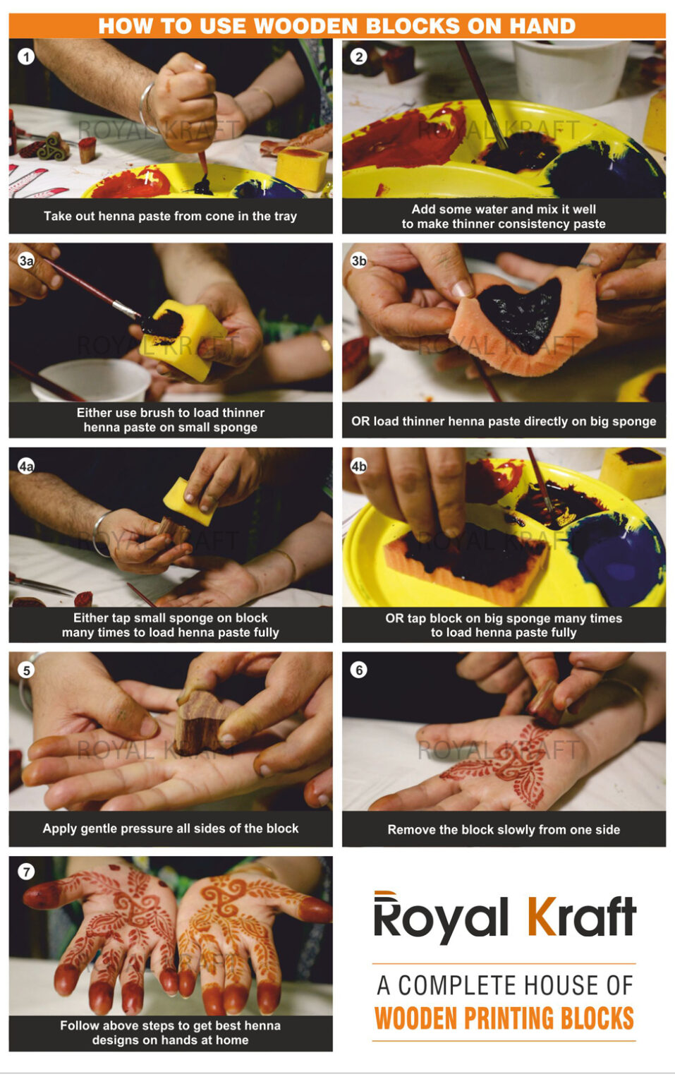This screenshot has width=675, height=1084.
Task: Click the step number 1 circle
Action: [x=26, y=56]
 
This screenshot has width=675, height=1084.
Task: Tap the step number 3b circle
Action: [x=358, y=260]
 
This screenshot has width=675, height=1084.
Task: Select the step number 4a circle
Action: [x=26, y=466]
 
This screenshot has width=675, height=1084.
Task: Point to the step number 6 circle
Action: [x=358, y=670]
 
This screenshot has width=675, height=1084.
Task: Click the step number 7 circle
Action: [x=26, y=872]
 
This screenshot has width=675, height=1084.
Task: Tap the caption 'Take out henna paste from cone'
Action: [x=170, y=216]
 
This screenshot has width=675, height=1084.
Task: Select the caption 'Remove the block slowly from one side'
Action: [x=504, y=830]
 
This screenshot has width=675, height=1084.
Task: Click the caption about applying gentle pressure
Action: [x=170, y=829]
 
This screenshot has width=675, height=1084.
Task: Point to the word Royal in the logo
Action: [x=440, y=919]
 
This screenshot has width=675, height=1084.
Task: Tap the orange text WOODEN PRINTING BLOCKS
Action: [x=504, y=1019]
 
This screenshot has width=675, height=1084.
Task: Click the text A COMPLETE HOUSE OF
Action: [x=504, y=985]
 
